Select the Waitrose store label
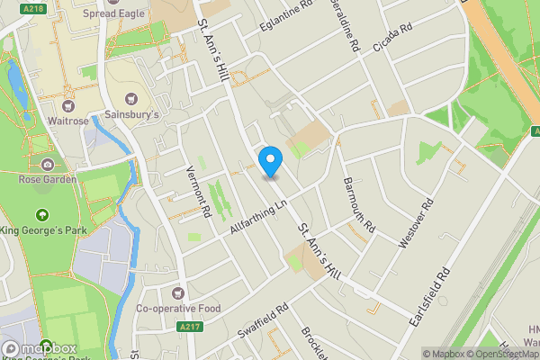pos(67,120)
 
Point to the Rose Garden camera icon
pos(47,165)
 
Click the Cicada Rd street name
pos(392,41)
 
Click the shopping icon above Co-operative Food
pos(176,293)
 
